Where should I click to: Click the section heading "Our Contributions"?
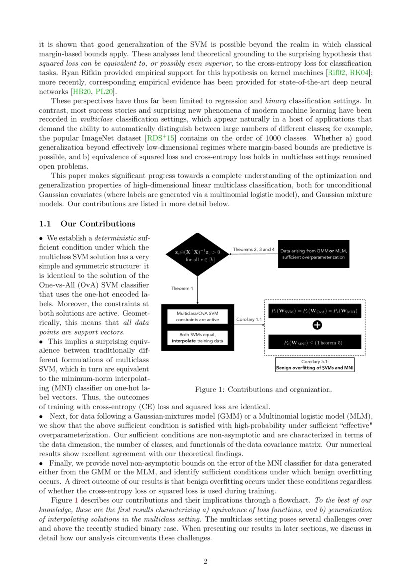[x=97, y=224]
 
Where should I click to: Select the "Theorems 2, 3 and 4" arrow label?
[x=253, y=249]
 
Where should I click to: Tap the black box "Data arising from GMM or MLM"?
[x=314, y=254]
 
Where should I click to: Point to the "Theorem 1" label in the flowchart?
[x=182, y=289]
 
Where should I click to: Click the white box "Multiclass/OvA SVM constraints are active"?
[x=197, y=316]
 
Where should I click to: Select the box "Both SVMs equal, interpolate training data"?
[x=197, y=338]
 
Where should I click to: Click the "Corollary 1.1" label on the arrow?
[x=249, y=320]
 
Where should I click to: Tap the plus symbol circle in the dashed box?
[x=317, y=325]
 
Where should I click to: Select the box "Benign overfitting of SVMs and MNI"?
[x=315, y=365]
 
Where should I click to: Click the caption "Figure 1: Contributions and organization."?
[x=263, y=389]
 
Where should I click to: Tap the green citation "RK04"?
[x=360, y=73]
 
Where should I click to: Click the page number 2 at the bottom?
[x=205, y=562]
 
